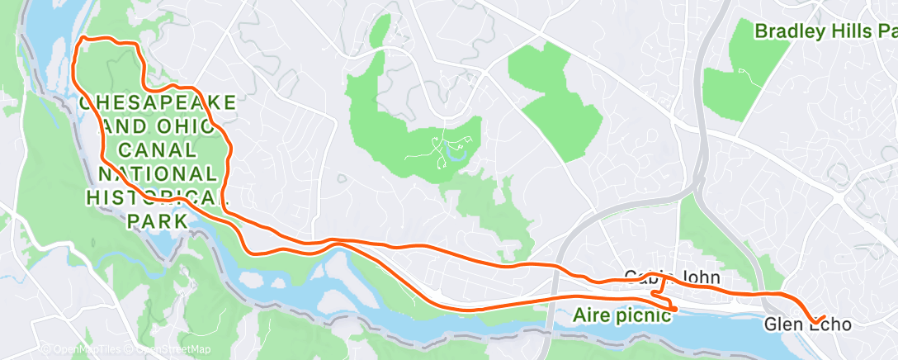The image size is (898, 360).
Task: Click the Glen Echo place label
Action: [808, 325]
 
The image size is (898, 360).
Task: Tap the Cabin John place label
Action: [665, 277]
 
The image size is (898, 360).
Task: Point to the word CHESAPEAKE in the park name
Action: [158, 103]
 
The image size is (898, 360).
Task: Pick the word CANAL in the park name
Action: [158, 150]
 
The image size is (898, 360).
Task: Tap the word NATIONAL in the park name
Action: [158, 174]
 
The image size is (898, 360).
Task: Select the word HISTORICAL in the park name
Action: [158, 198]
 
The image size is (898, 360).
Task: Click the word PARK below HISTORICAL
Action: [158, 221]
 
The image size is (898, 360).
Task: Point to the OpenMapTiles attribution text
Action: [86, 349]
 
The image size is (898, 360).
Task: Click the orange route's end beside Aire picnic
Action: [676, 310]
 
